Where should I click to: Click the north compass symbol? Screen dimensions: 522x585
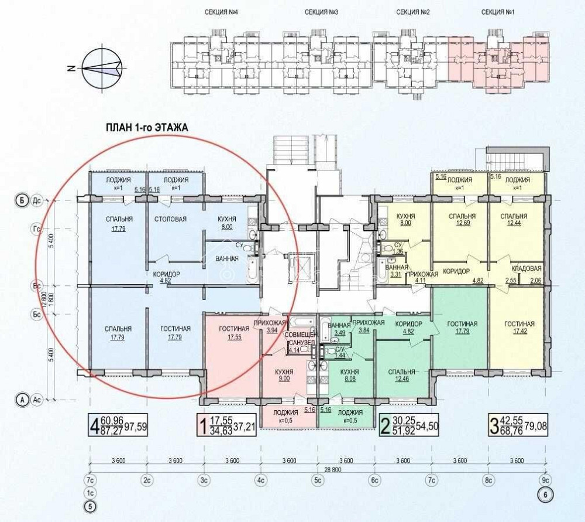(101, 68)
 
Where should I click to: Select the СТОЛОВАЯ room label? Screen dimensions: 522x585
(171, 220)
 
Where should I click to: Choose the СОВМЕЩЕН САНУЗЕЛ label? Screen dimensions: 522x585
(300, 339)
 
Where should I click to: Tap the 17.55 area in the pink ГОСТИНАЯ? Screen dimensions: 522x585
(234, 337)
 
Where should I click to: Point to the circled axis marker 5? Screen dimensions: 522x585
(91, 507)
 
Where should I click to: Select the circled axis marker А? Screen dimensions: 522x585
(22, 400)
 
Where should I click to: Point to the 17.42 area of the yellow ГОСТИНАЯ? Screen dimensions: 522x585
(518, 332)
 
